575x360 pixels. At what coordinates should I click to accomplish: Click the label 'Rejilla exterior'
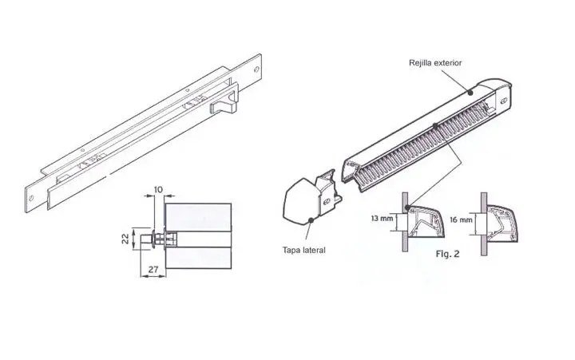pyautogui.click(x=435, y=63)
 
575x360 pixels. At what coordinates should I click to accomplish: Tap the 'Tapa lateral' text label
pyautogui.click(x=303, y=250)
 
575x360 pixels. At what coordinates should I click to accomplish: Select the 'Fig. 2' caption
pyautogui.click(x=447, y=254)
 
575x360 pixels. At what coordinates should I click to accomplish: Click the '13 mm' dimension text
pyautogui.click(x=382, y=219)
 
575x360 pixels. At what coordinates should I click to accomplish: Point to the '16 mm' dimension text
pyautogui.click(x=461, y=220)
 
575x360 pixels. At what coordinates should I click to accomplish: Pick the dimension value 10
pyautogui.click(x=158, y=189)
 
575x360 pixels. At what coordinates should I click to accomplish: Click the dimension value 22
pyautogui.click(x=125, y=239)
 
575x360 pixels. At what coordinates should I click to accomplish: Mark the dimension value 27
pyautogui.click(x=153, y=270)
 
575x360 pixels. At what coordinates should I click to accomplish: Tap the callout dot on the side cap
pyautogui.click(x=311, y=220)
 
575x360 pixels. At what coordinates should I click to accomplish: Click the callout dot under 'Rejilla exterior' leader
pyautogui.click(x=470, y=93)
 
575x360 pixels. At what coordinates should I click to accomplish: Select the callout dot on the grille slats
pyautogui.click(x=435, y=126)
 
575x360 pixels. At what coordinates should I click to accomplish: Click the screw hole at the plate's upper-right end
pyautogui.click(x=256, y=69)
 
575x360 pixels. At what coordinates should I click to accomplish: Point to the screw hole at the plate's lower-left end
pyautogui.click(x=31, y=198)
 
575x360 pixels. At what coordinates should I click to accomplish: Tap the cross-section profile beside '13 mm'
pyautogui.click(x=426, y=221)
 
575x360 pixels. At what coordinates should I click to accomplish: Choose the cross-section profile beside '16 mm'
pyautogui.click(x=502, y=224)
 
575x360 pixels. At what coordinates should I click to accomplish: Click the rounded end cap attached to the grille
pyautogui.click(x=498, y=94)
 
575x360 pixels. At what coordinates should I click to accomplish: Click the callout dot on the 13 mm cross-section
pyautogui.click(x=407, y=208)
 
